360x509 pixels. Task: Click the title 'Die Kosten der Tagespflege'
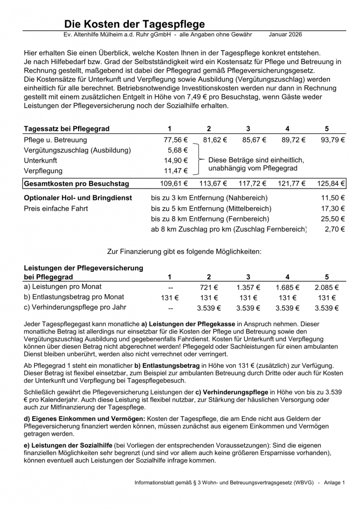point(134,24)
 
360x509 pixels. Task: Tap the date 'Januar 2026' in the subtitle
point(285,35)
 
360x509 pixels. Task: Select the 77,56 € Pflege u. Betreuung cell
point(176,140)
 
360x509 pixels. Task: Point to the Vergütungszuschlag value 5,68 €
point(178,150)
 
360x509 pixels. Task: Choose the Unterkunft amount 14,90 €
point(176,161)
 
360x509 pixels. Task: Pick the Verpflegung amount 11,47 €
point(176,171)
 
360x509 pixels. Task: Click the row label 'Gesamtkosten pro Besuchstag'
point(77,184)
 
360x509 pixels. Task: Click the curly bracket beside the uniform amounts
point(199,160)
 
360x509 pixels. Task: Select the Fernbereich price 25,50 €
point(333,219)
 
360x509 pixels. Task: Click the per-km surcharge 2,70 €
point(335,229)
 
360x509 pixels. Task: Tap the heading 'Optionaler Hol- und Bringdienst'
point(78,198)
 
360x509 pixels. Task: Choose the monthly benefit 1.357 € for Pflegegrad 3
point(249,287)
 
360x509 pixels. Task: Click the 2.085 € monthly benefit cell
point(327,287)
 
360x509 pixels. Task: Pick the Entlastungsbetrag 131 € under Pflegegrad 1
point(170,298)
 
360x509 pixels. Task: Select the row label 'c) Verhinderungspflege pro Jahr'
point(75,308)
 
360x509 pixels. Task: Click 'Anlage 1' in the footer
point(334,483)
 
